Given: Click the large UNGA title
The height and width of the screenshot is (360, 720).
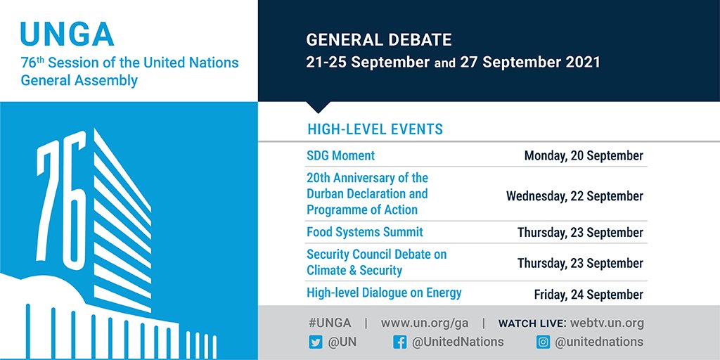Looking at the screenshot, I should click(x=67, y=33).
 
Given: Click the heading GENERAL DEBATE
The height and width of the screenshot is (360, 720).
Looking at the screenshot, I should click(x=378, y=39).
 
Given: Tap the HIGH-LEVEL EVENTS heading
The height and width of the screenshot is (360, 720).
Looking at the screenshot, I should click(x=375, y=129).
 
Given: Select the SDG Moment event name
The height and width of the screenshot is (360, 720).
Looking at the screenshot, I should click(x=340, y=155).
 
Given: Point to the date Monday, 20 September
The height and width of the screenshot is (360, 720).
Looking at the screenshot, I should click(x=583, y=155).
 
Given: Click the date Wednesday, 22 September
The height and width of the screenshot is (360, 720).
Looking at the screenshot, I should click(x=574, y=196).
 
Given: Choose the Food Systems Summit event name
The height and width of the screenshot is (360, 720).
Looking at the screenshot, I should click(x=364, y=232).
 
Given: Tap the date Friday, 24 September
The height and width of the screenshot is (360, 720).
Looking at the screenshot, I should click(x=589, y=294).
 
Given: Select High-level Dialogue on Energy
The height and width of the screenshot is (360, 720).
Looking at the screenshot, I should click(x=383, y=292).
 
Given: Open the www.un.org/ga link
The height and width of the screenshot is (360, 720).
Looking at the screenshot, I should click(x=424, y=323).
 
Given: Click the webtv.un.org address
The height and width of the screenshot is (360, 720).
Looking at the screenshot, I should click(x=605, y=323).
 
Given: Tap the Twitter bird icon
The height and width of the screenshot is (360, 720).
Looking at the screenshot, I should click(x=314, y=342).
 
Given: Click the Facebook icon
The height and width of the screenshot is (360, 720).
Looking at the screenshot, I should click(x=399, y=342).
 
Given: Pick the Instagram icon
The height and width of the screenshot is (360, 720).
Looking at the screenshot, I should click(x=542, y=342).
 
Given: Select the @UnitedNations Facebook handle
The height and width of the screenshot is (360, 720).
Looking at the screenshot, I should click(x=458, y=342).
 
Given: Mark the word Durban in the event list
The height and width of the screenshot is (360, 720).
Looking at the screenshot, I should click(x=328, y=193).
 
